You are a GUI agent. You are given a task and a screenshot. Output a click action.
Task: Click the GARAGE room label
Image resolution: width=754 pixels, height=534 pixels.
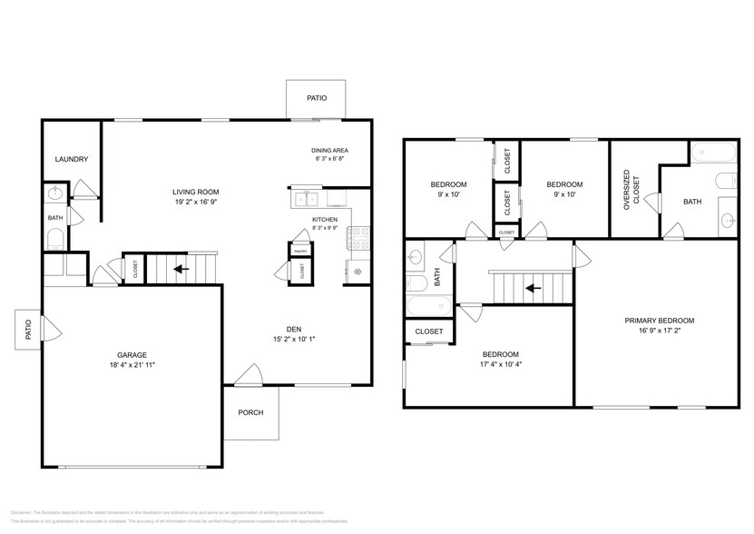[x=132, y=355]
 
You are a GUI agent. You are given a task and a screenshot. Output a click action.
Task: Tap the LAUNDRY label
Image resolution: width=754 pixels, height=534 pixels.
[x=71, y=160]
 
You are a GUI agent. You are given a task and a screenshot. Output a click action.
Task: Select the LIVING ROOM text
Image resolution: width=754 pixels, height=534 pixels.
[x=197, y=192]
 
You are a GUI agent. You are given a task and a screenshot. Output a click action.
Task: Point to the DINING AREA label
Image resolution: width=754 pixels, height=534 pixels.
[x=329, y=150]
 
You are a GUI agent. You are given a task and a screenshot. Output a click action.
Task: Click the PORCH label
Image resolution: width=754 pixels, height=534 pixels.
[x=250, y=412]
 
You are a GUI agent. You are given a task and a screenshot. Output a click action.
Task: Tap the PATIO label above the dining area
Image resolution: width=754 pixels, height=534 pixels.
[x=316, y=98]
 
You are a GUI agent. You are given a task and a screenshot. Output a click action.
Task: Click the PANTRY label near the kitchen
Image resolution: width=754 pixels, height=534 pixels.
[x=299, y=244]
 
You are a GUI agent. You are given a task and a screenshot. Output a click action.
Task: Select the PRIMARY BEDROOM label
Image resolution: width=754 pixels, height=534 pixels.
[x=659, y=321]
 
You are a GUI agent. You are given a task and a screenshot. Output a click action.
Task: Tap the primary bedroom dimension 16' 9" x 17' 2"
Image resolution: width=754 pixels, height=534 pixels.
[x=659, y=331]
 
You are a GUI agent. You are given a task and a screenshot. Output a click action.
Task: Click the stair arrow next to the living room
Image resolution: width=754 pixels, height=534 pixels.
[x=181, y=269]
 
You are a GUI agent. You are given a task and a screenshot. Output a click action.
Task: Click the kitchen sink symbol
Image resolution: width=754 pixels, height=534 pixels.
[x=305, y=197]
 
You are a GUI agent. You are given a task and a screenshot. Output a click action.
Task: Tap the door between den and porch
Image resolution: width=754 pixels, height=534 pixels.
[x=247, y=376]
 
